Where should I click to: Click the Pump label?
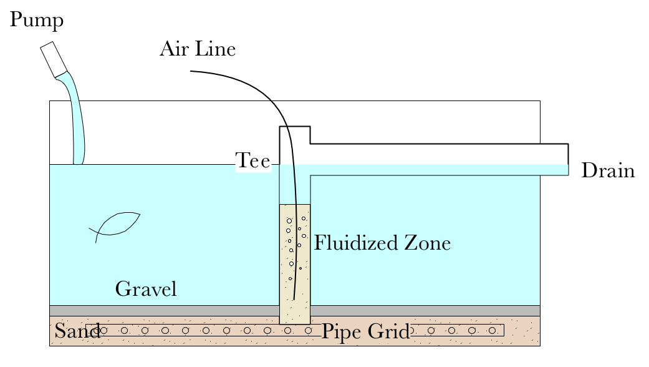(x=37, y=21)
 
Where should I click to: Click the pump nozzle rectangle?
(x=54, y=60)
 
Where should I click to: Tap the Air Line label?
(x=197, y=49)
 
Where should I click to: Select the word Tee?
(x=252, y=162)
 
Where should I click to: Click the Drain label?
(x=607, y=171)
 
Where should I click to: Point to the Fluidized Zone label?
(x=382, y=243)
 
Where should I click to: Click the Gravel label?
(x=147, y=289)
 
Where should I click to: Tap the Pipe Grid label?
(x=365, y=332)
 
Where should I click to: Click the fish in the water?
(x=115, y=226)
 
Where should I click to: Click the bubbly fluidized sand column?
(x=294, y=262)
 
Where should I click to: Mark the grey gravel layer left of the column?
(x=162, y=310)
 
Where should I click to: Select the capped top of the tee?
(x=295, y=128)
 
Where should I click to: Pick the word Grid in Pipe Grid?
(x=391, y=332)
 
